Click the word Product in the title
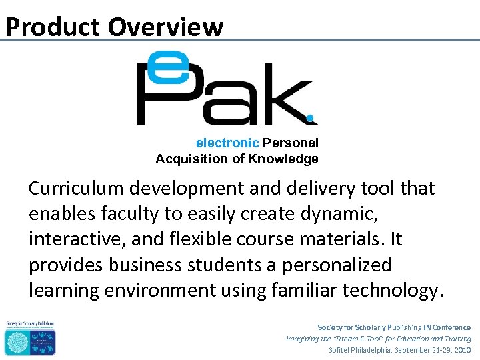(53, 27)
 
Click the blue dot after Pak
(310, 119)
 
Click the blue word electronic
(227, 143)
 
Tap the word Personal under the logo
(291, 143)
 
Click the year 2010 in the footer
(461, 350)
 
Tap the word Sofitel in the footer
(343, 350)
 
